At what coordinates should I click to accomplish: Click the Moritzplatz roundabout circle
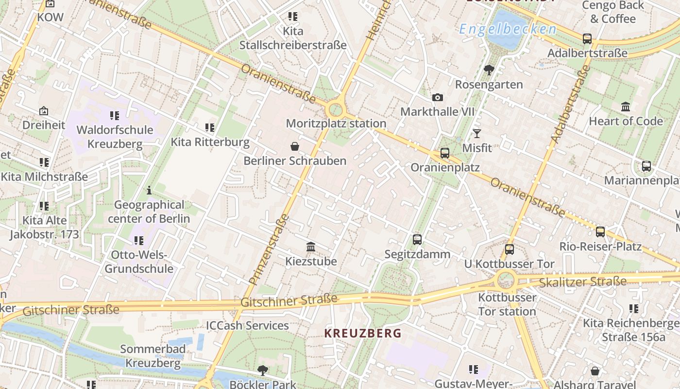click(x=335, y=109)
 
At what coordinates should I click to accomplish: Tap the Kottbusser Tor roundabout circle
click(x=506, y=280)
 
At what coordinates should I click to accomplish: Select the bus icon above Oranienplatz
click(x=444, y=153)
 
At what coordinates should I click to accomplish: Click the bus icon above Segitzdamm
click(x=417, y=239)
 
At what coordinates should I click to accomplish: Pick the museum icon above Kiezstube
click(x=311, y=247)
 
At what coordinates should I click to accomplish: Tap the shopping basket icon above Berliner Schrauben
click(x=294, y=146)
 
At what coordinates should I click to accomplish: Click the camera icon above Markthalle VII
click(x=437, y=97)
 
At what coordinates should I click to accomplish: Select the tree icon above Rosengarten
click(x=489, y=70)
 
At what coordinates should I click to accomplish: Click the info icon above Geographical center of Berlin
click(x=149, y=190)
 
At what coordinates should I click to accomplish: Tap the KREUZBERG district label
click(x=363, y=333)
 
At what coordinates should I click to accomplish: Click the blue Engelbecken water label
click(x=508, y=30)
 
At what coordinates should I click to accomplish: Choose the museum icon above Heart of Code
click(x=626, y=106)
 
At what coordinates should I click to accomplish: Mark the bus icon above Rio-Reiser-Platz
click(x=600, y=232)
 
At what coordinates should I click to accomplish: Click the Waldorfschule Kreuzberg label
click(x=115, y=137)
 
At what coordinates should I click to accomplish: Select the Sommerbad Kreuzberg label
click(x=153, y=356)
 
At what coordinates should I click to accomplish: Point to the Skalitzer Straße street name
click(x=583, y=282)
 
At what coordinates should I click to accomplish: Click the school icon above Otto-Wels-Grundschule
click(x=139, y=240)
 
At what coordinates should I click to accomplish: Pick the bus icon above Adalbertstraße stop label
click(x=587, y=39)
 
